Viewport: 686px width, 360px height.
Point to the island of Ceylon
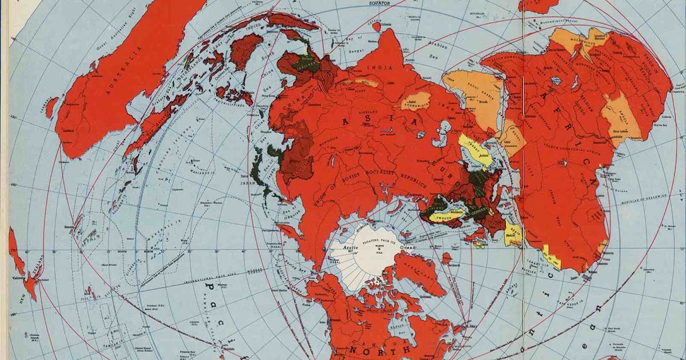(x=376, y=25)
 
